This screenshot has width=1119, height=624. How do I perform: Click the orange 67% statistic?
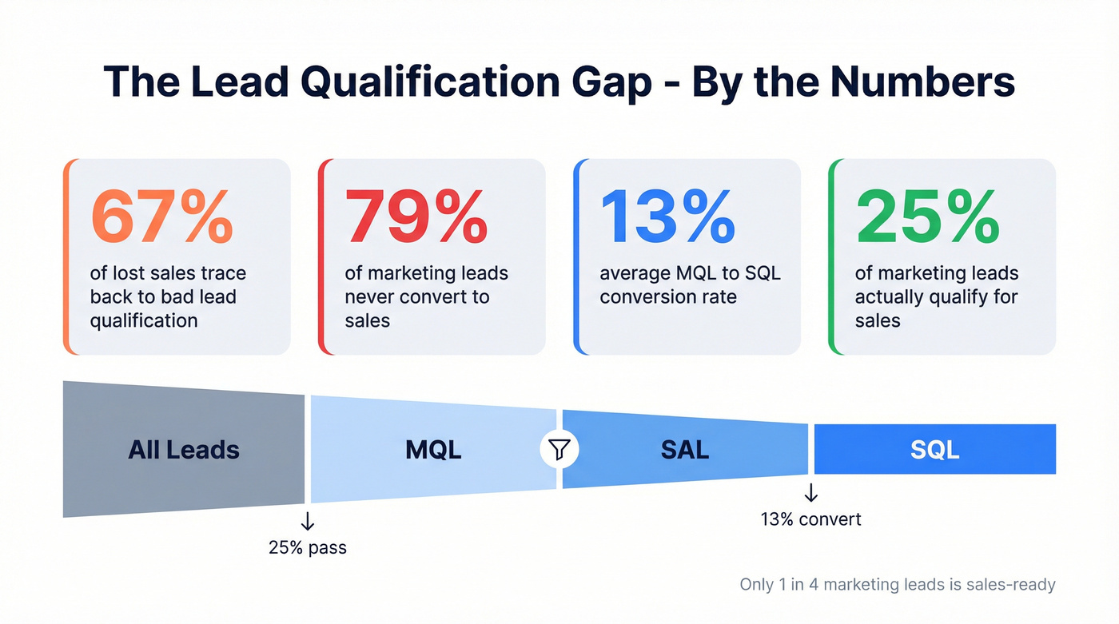(x=162, y=217)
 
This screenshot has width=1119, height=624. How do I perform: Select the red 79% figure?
(x=416, y=217)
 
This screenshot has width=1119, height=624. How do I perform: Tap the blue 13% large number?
(x=667, y=217)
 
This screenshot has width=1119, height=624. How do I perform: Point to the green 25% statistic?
(x=928, y=217)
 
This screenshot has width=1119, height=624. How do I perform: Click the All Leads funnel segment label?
(x=184, y=449)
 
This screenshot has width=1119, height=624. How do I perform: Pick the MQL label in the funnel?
(x=433, y=449)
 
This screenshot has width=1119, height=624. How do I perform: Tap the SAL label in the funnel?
(x=685, y=449)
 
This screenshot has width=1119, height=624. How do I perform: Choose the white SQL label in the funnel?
(x=934, y=449)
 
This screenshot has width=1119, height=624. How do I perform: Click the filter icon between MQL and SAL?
(x=559, y=449)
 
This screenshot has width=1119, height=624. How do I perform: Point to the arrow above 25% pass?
(x=308, y=522)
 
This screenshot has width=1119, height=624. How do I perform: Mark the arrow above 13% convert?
(x=811, y=491)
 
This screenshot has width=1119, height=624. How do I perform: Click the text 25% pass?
(x=308, y=548)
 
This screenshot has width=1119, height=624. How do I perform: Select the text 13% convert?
(x=810, y=519)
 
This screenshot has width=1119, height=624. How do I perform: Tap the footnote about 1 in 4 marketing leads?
(x=897, y=585)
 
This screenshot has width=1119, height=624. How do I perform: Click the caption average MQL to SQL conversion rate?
(x=690, y=285)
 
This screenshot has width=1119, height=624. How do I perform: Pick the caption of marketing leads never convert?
(x=426, y=296)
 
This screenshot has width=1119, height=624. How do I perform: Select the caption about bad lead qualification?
(x=168, y=296)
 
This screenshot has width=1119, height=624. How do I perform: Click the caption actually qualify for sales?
(x=936, y=296)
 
